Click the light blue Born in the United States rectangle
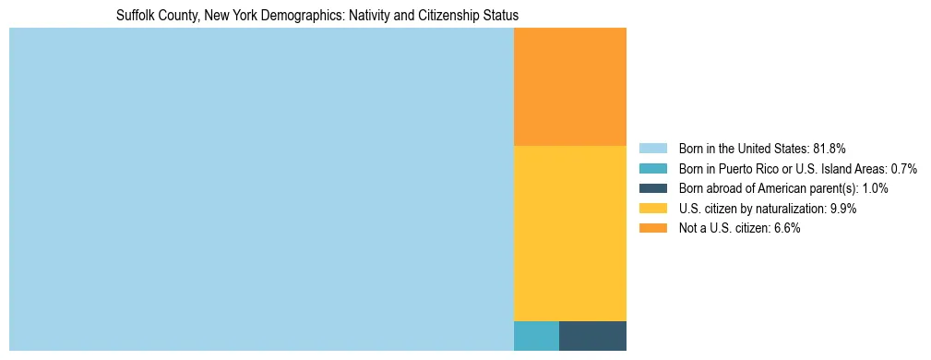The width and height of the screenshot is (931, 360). [x=261, y=189]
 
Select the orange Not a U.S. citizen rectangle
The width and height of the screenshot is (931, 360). [x=569, y=87]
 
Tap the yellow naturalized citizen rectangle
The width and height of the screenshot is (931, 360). [x=569, y=233]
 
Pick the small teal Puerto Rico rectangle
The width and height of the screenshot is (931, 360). [x=536, y=335]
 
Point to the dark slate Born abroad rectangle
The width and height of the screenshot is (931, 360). [x=592, y=335]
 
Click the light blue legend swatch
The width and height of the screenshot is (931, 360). [x=652, y=148]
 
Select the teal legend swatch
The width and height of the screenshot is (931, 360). [x=652, y=168]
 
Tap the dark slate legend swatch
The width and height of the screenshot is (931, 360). [x=652, y=188]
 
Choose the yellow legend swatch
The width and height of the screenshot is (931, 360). [x=652, y=209]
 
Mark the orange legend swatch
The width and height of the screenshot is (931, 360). [x=652, y=229]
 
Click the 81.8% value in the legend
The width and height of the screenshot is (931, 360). [x=830, y=148]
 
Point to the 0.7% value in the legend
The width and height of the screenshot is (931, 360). [x=903, y=168]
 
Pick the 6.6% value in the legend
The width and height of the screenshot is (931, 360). [x=786, y=229]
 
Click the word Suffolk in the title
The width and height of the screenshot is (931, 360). [x=135, y=16]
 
